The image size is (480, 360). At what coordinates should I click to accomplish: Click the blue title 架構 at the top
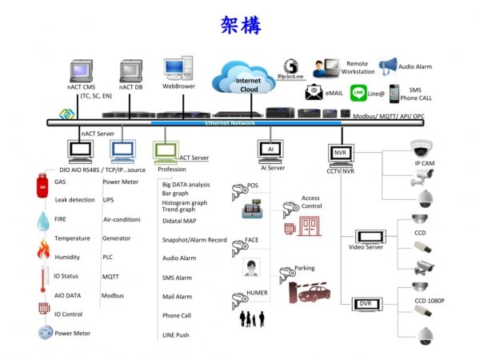(240, 25)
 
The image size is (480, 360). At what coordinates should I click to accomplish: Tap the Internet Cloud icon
(247, 80)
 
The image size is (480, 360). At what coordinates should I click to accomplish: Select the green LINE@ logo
(360, 94)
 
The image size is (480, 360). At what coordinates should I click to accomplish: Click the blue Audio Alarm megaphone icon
(388, 66)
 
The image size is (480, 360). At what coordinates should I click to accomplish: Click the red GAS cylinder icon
(40, 186)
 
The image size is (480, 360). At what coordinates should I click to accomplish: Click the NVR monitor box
(340, 151)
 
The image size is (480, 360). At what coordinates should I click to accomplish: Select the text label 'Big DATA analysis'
(186, 185)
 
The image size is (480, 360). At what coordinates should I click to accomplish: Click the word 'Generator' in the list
(117, 238)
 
